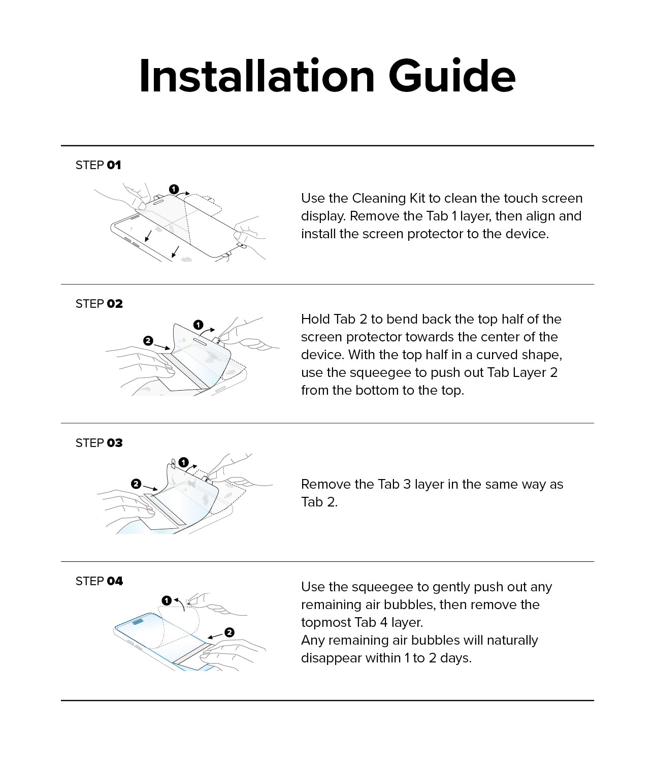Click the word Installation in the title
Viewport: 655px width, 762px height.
tap(256, 76)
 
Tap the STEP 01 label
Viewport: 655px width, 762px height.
tap(98, 165)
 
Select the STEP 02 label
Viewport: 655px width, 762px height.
tap(99, 304)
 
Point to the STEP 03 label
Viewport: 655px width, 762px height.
tap(99, 443)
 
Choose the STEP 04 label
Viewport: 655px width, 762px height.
tap(99, 581)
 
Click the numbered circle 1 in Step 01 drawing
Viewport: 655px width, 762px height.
tap(174, 189)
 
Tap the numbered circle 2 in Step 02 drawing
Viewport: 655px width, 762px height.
tap(148, 341)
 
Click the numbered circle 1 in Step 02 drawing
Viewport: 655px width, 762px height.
tap(199, 325)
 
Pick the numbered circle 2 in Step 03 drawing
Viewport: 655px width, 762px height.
tap(136, 484)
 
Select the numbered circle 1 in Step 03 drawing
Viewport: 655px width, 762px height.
tap(184, 462)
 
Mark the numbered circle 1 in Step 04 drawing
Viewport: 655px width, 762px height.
tap(167, 600)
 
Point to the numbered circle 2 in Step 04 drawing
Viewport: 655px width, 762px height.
tap(230, 632)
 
